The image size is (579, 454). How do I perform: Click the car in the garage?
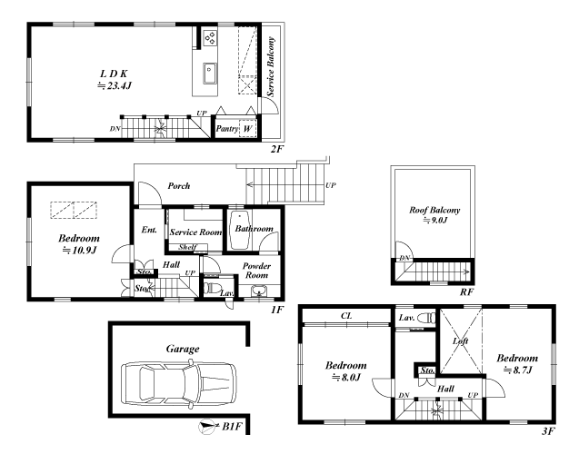tap(179, 385)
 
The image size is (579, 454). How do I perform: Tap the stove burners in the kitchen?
tap(211, 37)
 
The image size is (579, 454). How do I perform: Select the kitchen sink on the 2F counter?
tap(209, 73)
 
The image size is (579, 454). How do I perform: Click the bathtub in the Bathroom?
tap(240, 231)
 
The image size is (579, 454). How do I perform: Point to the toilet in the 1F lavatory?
tap(213, 288)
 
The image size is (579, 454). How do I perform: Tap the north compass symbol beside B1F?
tap(207, 427)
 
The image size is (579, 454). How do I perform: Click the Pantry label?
tap(226, 129)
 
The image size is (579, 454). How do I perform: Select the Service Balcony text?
tap(271, 67)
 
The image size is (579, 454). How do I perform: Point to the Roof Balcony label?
tap(434, 211)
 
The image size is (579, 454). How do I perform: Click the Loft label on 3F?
tap(461, 341)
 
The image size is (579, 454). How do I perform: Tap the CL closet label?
tap(346, 316)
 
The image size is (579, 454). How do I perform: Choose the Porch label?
tap(179, 185)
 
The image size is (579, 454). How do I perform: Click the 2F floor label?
tap(277, 149)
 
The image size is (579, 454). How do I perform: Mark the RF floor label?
tap(466, 292)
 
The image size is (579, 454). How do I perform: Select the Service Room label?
tap(195, 232)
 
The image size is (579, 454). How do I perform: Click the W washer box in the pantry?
tap(248, 129)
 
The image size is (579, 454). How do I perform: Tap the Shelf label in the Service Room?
tap(187, 247)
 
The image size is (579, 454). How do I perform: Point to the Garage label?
tap(183, 349)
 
